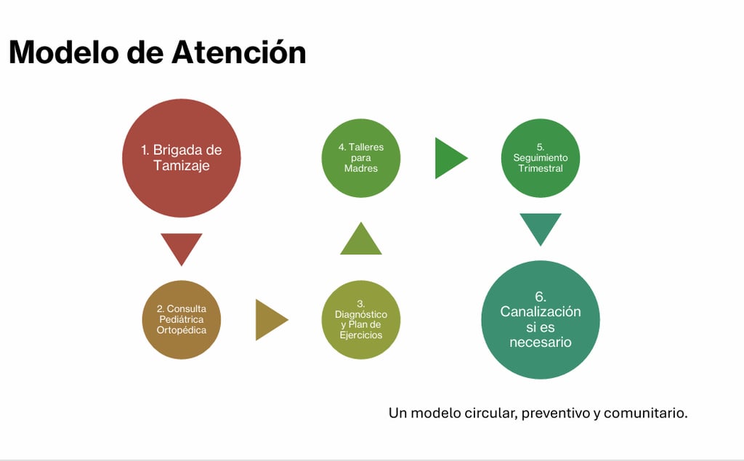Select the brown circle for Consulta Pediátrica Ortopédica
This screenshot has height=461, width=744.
pyautogui.click(x=181, y=320)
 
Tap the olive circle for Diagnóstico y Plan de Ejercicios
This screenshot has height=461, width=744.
pyautogui.click(x=361, y=320)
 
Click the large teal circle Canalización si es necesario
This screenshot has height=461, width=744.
pyautogui.click(x=541, y=320)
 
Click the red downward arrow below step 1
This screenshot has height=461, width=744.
pyautogui.click(x=181, y=247)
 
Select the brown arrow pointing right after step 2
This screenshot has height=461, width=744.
pyautogui.click(x=270, y=320)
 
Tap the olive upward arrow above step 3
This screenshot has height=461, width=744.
pyautogui.click(x=361, y=240)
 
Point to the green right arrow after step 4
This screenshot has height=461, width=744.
pyautogui.click(x=449, y=158)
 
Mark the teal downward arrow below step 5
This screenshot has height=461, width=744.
pyautogui.click(x=541, y=228)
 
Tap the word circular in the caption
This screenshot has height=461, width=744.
pyautogui.click(x=489, y=413)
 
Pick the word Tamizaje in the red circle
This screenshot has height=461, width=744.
pyautogui.click(x=181, y=166)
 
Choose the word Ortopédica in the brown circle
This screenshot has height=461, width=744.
pyautogui.click(x=181, y=330)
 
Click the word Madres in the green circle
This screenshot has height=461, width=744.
pyautogui.click(x=361, y=169)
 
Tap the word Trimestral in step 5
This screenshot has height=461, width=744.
pyautogui.click(x=541, y=169)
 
